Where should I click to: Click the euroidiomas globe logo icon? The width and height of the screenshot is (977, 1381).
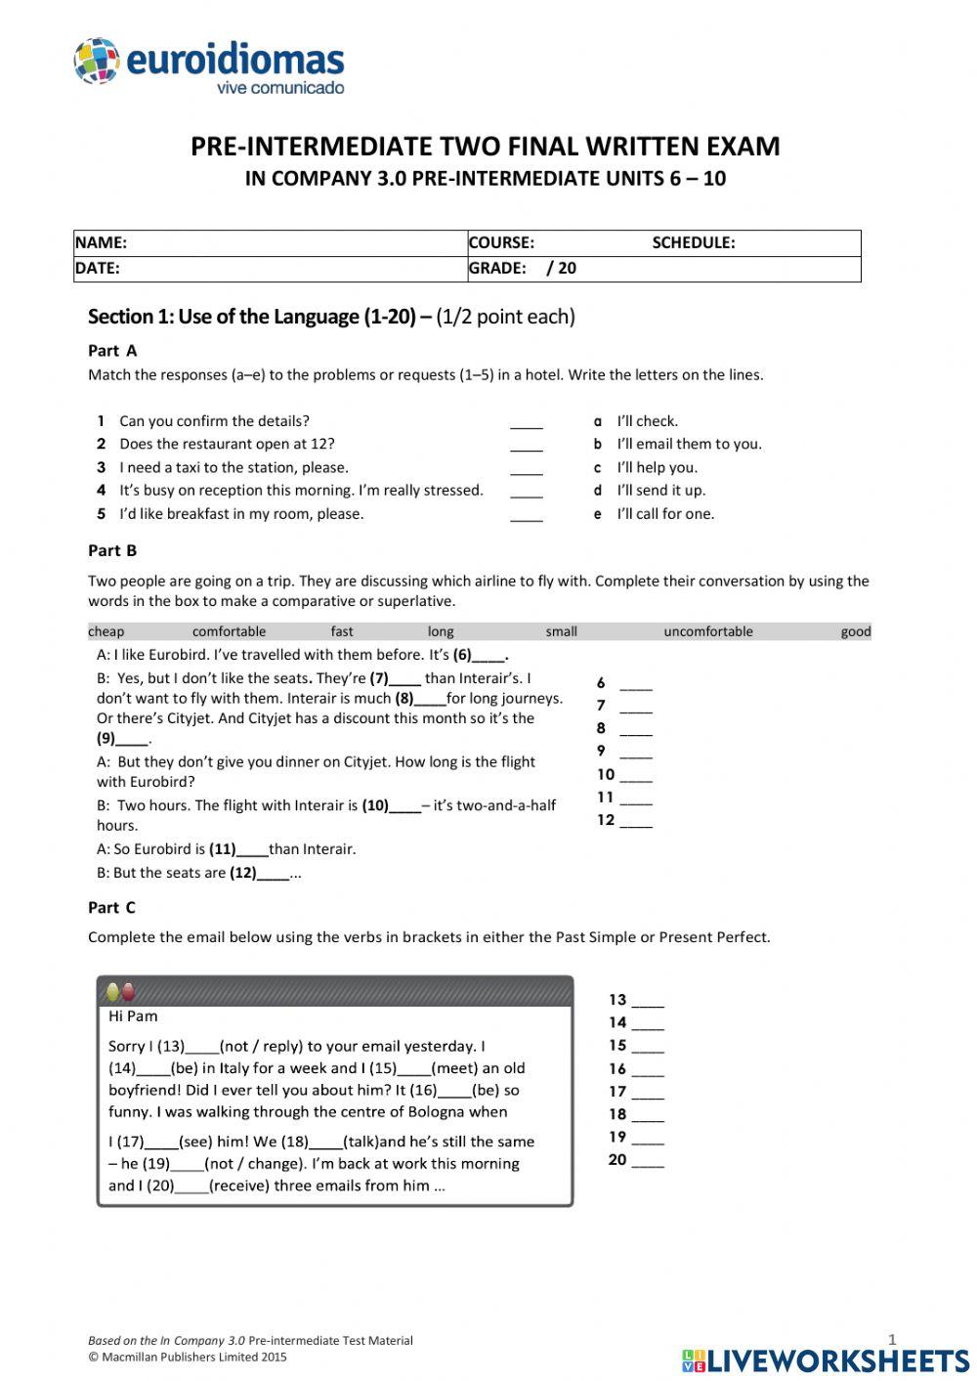(96, 61)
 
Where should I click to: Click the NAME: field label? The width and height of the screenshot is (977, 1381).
(101, 243)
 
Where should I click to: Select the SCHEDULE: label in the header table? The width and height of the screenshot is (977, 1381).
(693, 243)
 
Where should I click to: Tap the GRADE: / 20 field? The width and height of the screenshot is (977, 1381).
(522, 269)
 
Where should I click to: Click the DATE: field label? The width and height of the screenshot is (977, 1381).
(97, 269)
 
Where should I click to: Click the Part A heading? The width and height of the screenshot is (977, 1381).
(112, 351)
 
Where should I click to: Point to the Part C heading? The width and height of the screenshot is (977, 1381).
(111, 908)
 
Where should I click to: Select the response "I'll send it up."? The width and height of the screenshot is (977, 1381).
(660, 491)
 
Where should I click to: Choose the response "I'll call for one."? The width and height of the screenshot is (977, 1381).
(665, 514)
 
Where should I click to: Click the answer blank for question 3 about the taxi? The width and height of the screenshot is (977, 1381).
(526, 469)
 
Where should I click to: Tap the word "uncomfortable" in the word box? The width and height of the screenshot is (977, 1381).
(708, 631)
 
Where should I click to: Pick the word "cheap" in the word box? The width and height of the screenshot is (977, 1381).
(106, 631)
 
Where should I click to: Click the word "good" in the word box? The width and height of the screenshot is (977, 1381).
(855, 631)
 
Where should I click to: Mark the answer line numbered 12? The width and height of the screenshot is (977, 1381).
(635, 822)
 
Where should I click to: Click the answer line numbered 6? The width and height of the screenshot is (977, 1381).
(635, 685)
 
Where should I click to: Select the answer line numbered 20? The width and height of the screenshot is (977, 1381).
(647, 1162)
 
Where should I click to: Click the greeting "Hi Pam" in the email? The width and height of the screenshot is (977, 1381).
(133, 1016)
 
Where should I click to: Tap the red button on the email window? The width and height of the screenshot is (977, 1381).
(128, 992)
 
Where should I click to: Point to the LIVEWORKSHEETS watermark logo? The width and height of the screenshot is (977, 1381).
(826, 1359)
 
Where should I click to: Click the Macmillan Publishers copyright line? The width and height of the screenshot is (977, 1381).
(188, 1357)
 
